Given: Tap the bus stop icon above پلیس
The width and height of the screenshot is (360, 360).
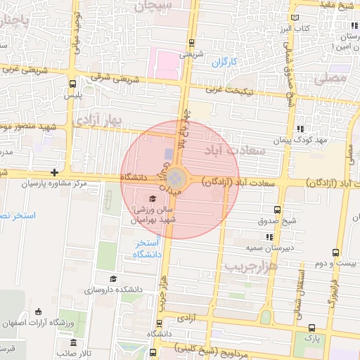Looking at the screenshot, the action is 72,84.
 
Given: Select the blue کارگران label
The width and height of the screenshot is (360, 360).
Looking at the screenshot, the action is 225,63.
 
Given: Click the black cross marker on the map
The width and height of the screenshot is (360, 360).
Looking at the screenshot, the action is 54,172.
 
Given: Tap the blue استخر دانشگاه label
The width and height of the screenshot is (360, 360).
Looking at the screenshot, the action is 148,247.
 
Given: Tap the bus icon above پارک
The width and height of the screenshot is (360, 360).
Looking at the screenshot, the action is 311,327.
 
